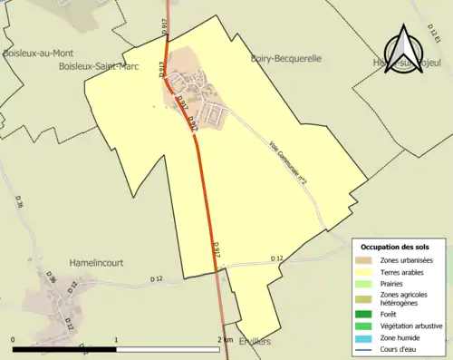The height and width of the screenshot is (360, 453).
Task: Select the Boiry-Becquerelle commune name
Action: point(285,58)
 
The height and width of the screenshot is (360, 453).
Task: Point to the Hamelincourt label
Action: point(93,263)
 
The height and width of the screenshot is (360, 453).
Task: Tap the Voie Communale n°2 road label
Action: point(290,162)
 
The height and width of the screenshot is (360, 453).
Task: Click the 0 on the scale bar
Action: point(13,339)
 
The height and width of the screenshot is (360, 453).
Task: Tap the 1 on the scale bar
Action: point(116,339)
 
